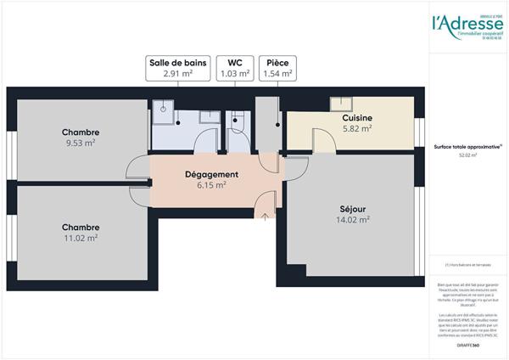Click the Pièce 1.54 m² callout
(277, 68)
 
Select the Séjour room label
(352, 208)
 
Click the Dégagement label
(211, 174)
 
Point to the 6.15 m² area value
(211, 184)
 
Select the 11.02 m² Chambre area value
(81, 238)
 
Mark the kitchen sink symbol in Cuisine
(341, 104)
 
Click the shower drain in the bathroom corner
(162, 108)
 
